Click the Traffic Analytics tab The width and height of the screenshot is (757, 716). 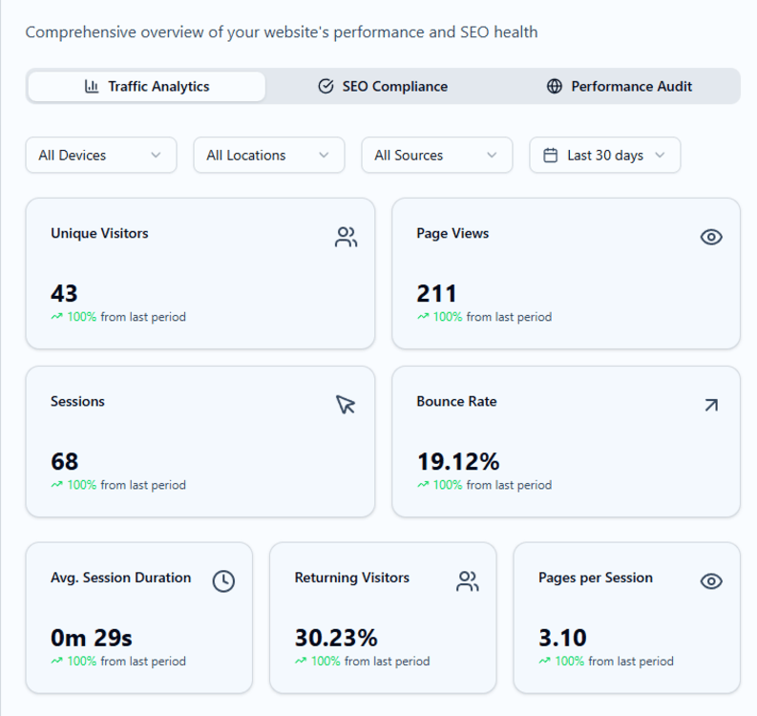pos(146,86)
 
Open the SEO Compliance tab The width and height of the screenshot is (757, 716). pos(383,86)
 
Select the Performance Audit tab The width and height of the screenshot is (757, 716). pos(620,86)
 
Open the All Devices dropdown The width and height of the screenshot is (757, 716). pos(100,155)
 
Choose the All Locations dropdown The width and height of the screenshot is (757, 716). pos(268,155)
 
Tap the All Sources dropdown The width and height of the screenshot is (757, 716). pos(436,155)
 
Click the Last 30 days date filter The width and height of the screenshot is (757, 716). pos(604,155)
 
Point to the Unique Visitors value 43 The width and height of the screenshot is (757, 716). pos(64,293)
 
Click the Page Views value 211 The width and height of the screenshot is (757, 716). pos(436,293)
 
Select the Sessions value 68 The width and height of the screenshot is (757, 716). pos(64,461)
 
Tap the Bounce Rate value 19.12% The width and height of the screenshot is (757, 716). pos(457,461)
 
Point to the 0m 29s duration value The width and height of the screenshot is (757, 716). pos(92,637)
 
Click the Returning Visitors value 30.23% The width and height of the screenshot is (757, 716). pos(336,637)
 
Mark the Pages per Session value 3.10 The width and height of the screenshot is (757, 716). pos(562,637)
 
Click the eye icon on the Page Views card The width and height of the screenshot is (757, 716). pos(711,237)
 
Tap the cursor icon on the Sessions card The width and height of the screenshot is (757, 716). pos(346,405)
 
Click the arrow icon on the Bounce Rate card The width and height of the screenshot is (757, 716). pos(711,405)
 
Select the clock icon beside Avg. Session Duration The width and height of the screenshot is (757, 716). pos(223,580)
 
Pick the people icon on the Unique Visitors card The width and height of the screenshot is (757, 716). pos(346,237)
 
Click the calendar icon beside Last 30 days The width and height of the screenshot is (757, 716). pos(550,155)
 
